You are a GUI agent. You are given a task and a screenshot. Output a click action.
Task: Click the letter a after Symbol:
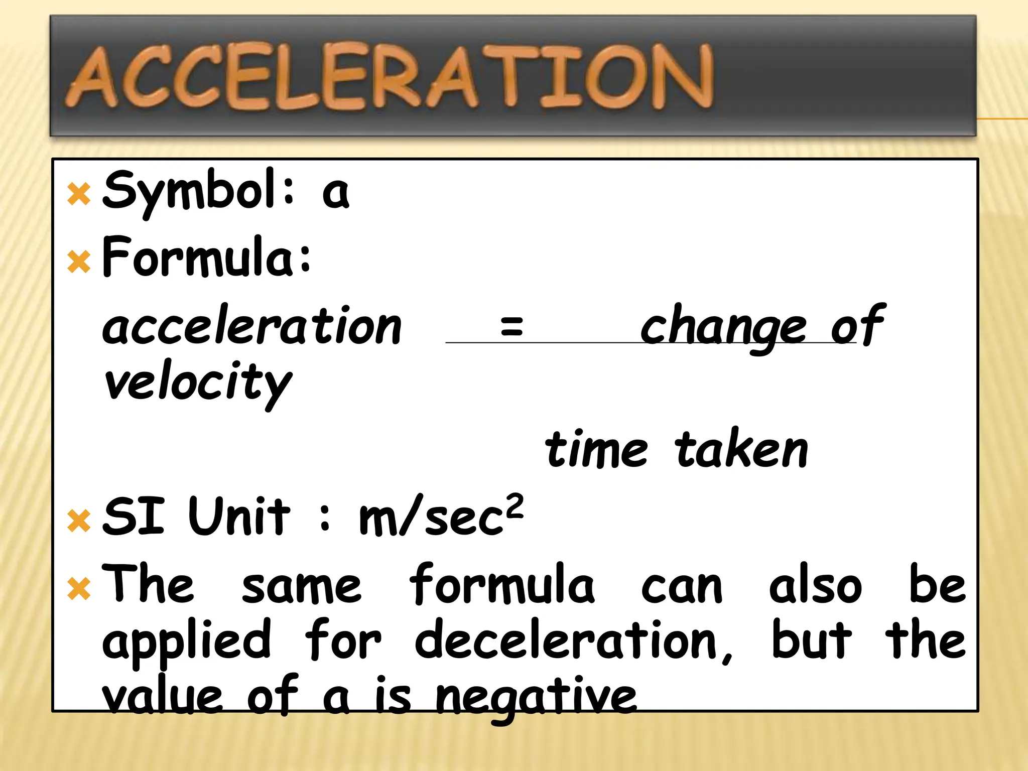335,193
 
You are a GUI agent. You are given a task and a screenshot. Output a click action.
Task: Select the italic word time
596,449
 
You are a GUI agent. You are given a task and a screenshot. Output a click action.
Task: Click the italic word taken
741,449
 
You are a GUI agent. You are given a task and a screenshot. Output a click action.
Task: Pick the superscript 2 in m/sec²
515,506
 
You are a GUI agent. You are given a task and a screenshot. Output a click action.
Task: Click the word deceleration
573,640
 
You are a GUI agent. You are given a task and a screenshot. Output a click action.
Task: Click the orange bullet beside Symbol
79,194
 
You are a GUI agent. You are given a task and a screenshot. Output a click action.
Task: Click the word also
815,585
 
